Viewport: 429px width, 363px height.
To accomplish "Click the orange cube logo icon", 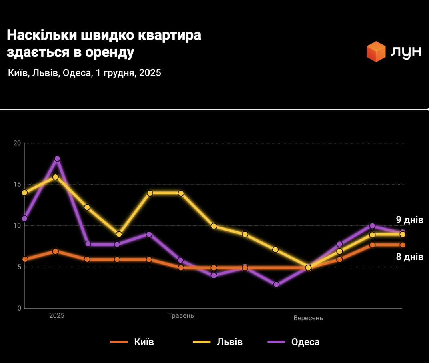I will coord(376,52).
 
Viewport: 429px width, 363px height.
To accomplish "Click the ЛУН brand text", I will coord(405,52).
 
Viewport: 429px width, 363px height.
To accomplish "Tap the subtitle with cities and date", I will coord(84,73).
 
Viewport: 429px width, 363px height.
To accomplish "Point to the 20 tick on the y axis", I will coord(17,143).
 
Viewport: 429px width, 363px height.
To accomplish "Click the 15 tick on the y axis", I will coord(17,184).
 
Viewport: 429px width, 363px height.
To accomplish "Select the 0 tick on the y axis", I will coord(19,308).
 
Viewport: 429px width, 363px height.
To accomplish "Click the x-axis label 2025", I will coord(56,315).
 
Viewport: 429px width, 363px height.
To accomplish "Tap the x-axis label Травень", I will coord(181,315).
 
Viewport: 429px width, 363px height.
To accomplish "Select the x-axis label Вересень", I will coord(308,318).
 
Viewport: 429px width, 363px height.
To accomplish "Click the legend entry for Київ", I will coord(132,342).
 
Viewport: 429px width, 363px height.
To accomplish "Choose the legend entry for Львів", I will coord(218,342).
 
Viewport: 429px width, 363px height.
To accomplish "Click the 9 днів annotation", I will coord(409,220).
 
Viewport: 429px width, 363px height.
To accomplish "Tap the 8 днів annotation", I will coord(409,257).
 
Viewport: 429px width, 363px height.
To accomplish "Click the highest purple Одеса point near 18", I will coord(57,159).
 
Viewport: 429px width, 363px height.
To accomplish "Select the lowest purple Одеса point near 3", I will coord(276,285).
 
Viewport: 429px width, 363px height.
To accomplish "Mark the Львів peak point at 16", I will coord(56,177).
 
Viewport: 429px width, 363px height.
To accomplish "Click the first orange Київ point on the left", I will coord(25,259).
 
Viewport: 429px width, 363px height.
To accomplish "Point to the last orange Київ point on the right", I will coord(403,245).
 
